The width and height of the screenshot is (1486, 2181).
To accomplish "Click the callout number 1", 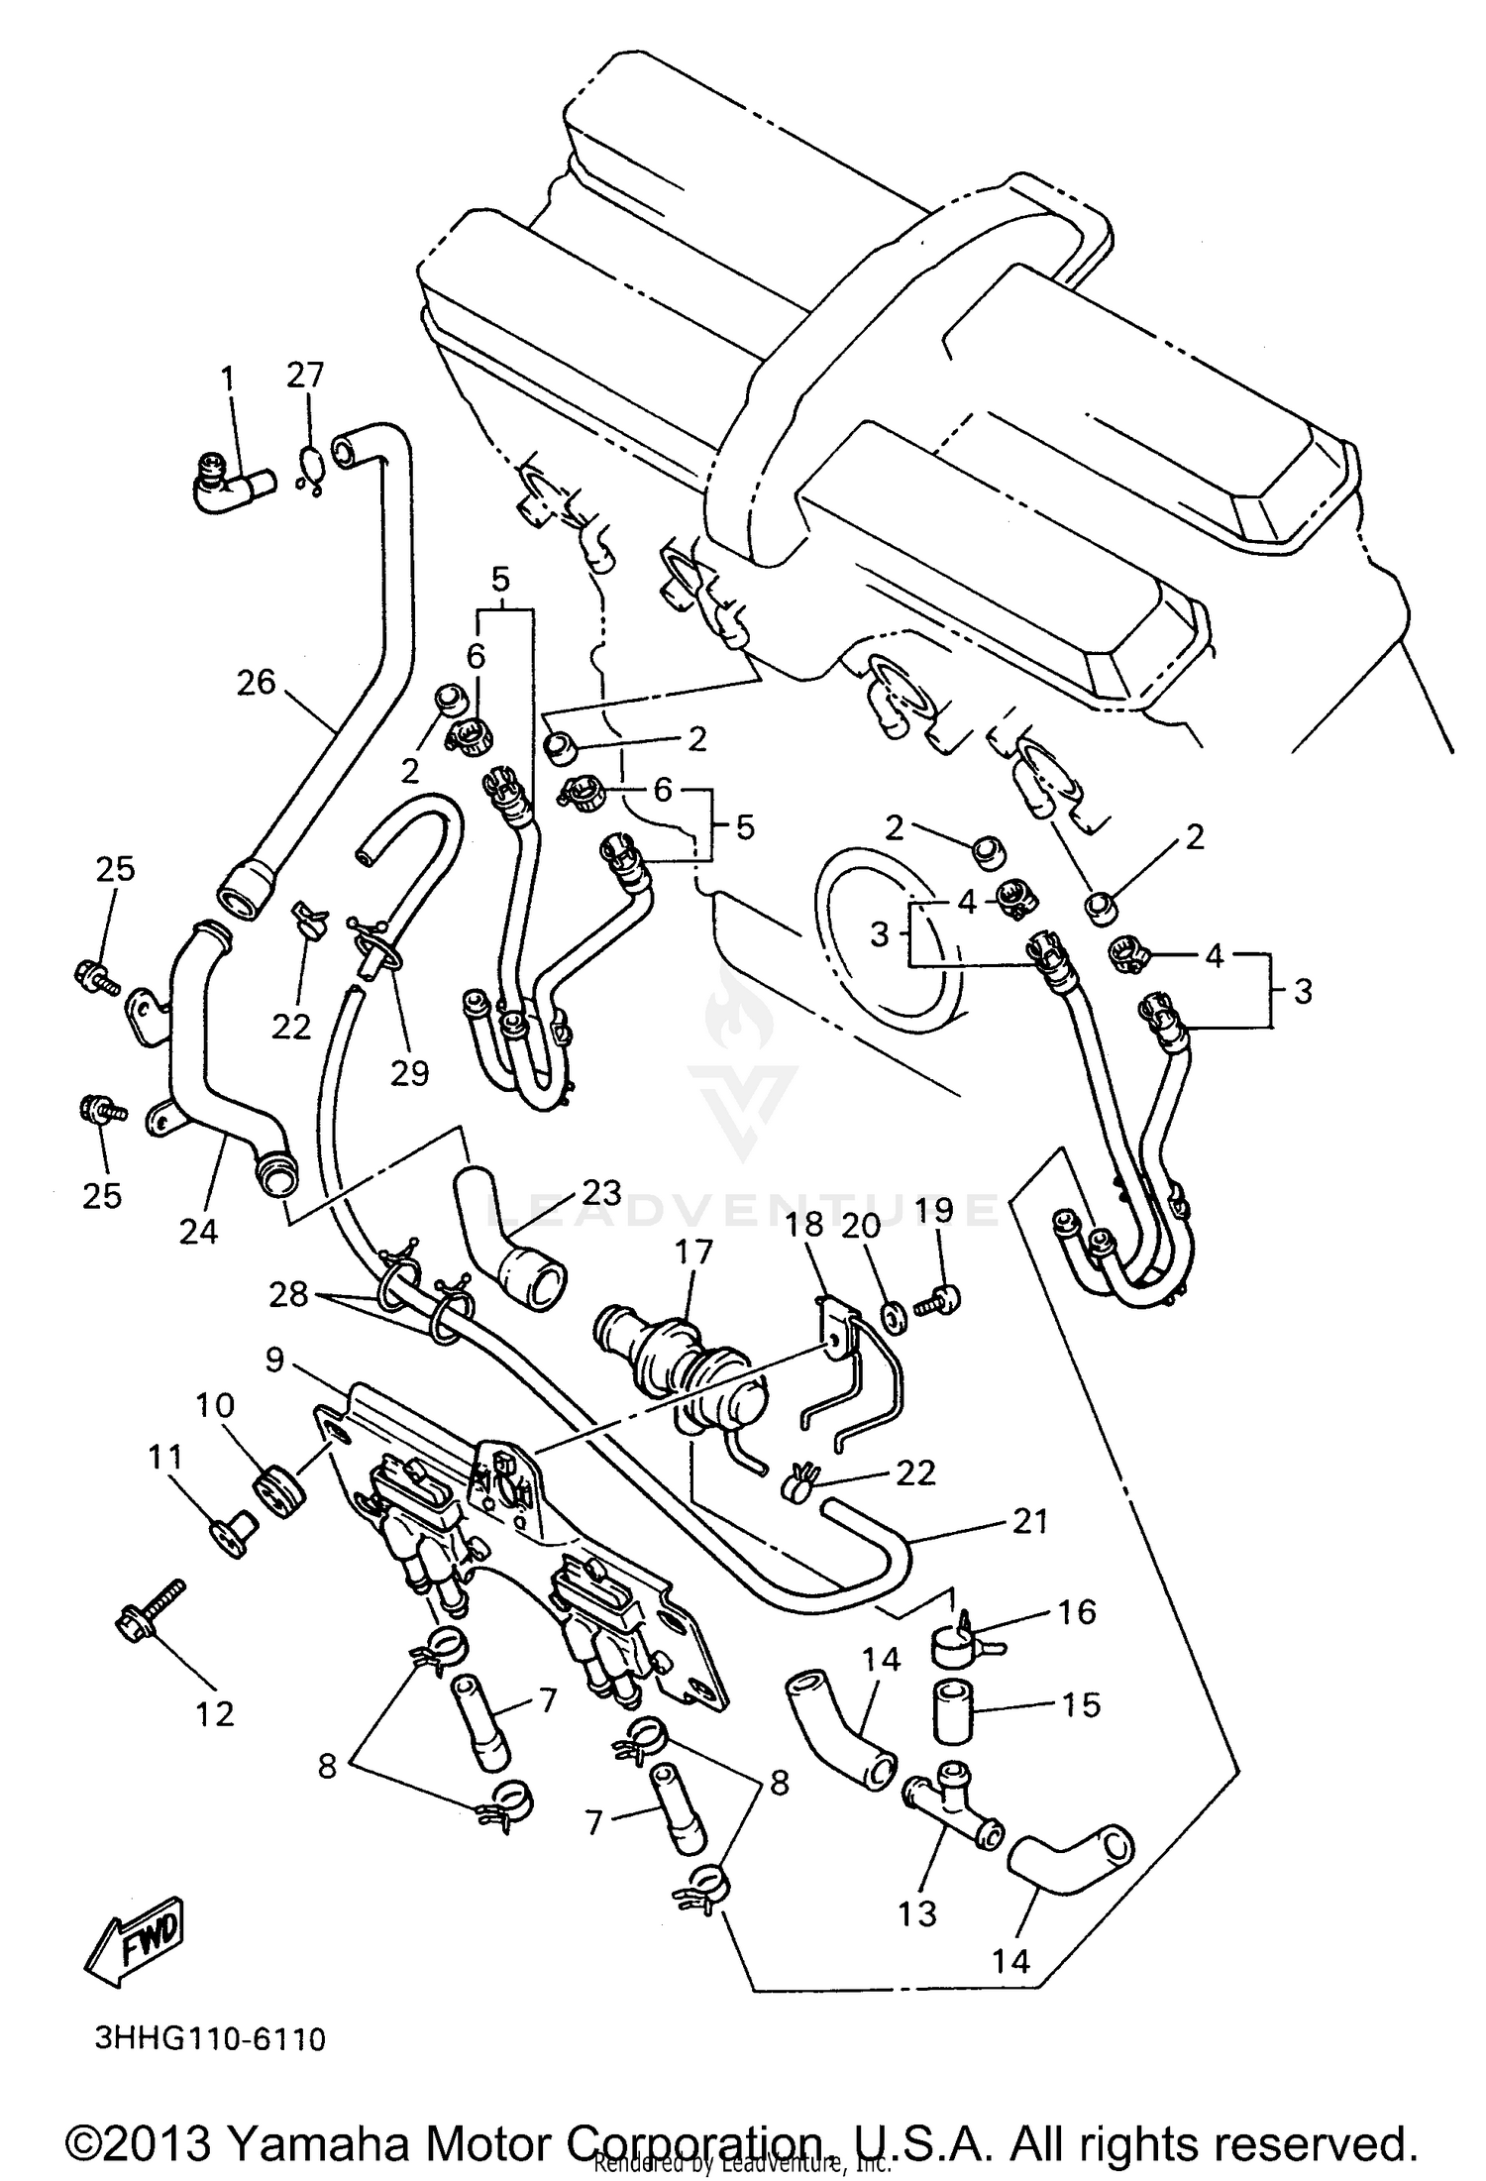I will [x=229, y=379].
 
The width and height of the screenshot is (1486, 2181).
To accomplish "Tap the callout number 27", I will [x=306, y=376].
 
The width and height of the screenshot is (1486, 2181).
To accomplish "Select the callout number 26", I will [x=257, y=683].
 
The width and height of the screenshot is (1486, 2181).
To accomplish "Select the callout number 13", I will [x=917, y=1913].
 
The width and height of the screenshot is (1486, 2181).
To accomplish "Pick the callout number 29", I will [x=408, y=1071].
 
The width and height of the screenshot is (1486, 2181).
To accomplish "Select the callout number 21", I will [x=1029, y=1521].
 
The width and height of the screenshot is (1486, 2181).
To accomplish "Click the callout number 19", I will [x=933, y=1209].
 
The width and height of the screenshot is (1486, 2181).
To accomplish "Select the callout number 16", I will [x=1077, y=1611].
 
